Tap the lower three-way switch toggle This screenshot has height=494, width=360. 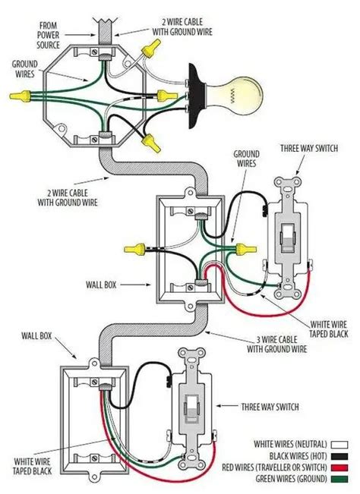click(191, 407)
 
